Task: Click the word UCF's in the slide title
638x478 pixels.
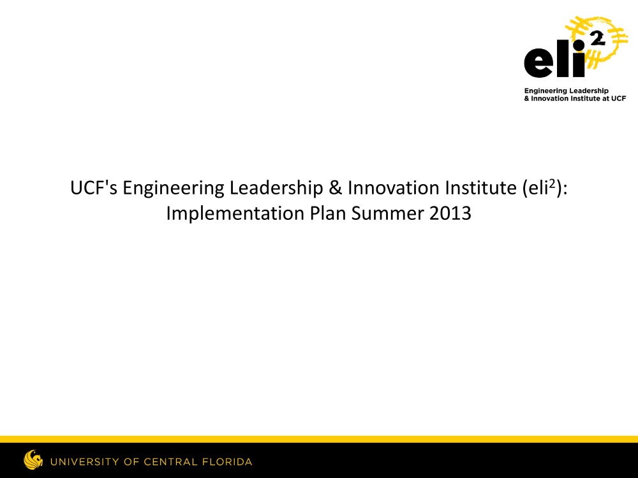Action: click(94, 188)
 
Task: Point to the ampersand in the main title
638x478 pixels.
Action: click(336, 188)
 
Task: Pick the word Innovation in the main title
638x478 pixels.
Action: click(393, 188)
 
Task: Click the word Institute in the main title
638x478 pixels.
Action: click(480, 188)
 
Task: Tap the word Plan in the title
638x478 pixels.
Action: click(327, 214)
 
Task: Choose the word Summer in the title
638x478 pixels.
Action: click(387, 214)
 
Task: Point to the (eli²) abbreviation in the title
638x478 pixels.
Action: click(543, 188)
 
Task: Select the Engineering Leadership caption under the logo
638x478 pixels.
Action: click(566, 91)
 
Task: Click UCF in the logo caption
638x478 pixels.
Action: click(618, 98)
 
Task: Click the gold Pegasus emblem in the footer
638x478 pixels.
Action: click(33, 460)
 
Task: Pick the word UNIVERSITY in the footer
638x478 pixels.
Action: click(85, 461)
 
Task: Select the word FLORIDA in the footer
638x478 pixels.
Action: click(227, 461)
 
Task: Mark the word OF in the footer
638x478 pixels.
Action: click(132, 461)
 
